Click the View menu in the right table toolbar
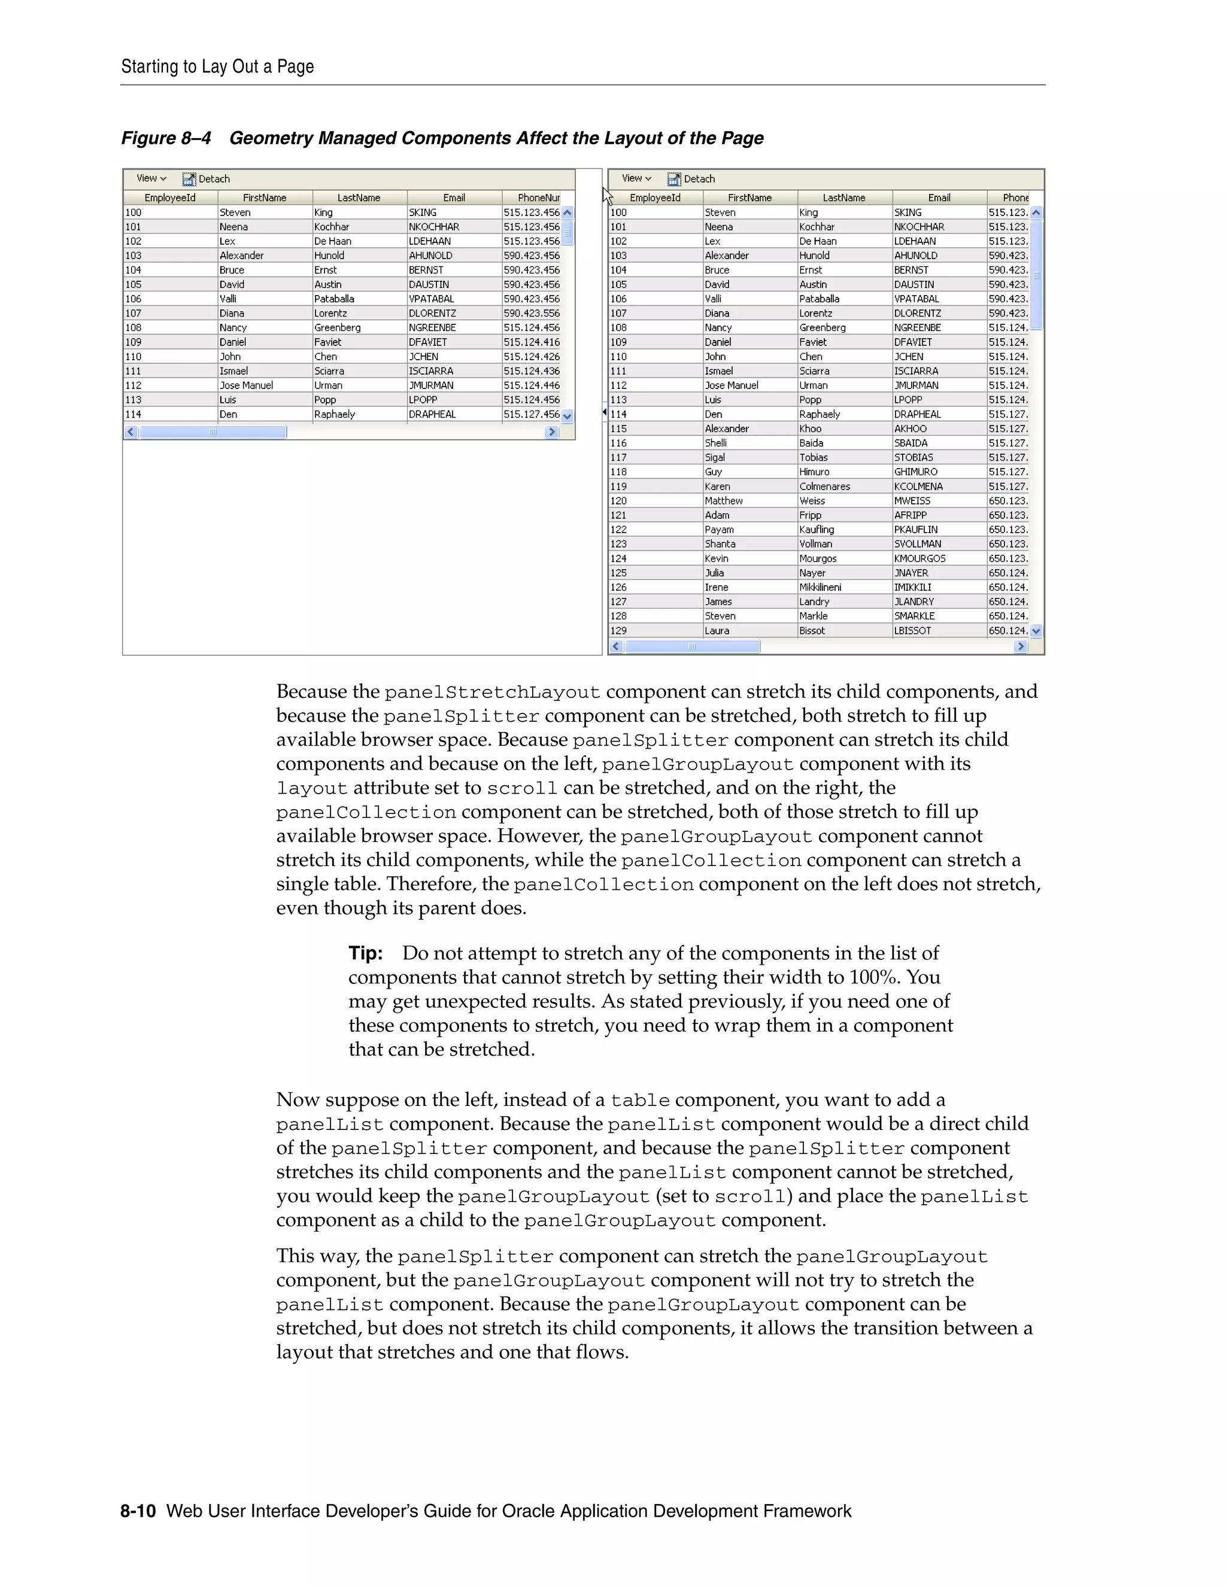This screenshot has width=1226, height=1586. pyautogui.click(x=636, y=178)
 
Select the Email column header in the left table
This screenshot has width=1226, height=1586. pyautogui.click(x=454, y=198)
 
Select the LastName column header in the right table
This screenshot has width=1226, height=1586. pyautogui.click(x=844, y=198)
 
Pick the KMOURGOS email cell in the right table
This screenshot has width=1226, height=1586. pyautogui.click(x=919, y=558)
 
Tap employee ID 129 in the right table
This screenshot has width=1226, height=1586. pyautogui.click(x=619, y=630)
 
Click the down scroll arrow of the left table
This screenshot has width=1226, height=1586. pyautogui.click(x=568, y=416)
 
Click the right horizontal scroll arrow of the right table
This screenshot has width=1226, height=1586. pyautogui.click(x=1021, y=646)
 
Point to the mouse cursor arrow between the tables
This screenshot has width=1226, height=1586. pyautogui.click(x=607, y=195)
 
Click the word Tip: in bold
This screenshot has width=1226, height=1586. pyautogui.click(x=365, y=953)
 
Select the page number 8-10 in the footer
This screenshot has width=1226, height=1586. pyautogui.click(x=138, y=1511)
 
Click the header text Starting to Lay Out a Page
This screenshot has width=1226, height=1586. pyautogui.click(x=217, y=67)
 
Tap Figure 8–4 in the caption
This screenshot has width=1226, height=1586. pyautogui.click(x=166, y=138)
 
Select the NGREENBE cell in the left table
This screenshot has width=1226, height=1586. pyautogui.click(x=432, y=327)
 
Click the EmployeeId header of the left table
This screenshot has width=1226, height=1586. pyautogui.click(x=170, y=198)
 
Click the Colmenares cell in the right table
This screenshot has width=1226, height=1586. pyautogui.click(x=824, y=487)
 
